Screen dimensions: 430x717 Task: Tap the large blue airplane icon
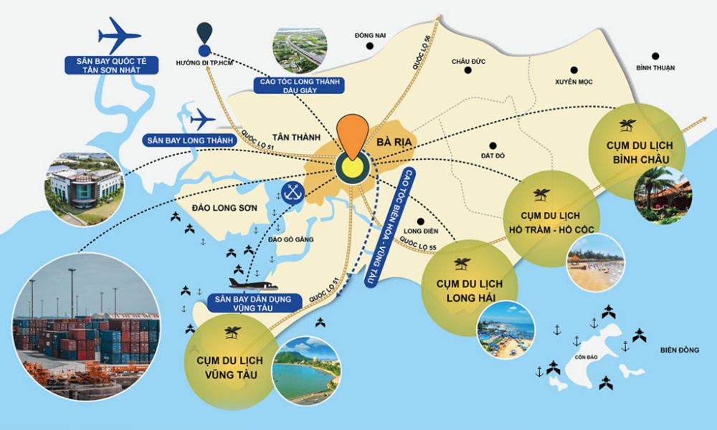120,33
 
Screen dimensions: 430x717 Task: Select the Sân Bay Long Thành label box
189,140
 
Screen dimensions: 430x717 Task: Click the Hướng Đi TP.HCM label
204,63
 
